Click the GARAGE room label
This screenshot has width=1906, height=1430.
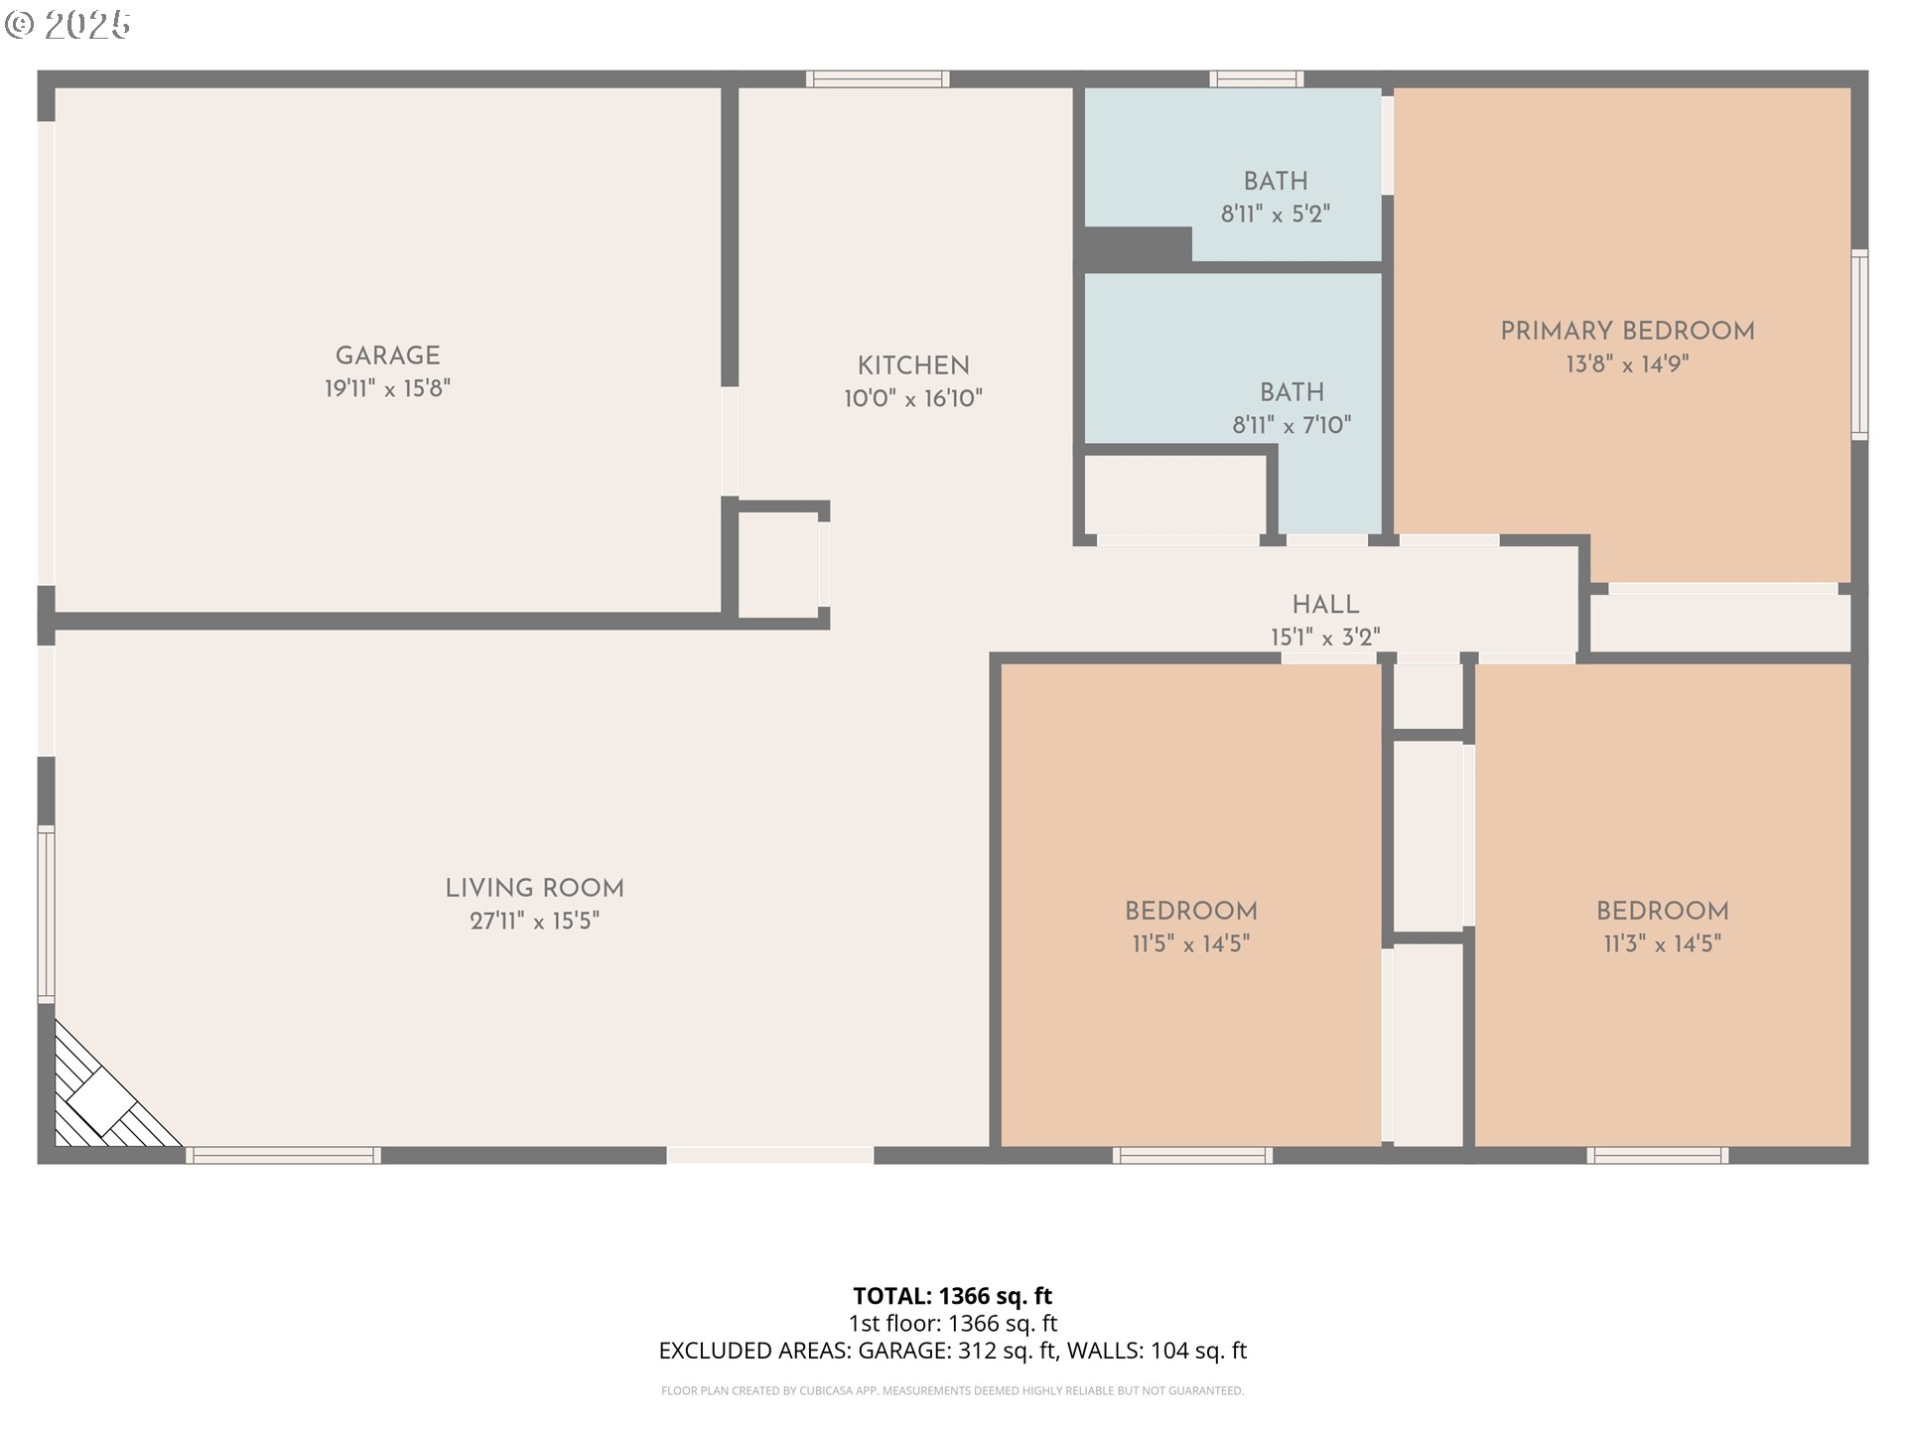point(387,356)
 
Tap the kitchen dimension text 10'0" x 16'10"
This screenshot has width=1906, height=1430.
point(913,399)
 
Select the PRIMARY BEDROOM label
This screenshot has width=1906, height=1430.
point(1627,332)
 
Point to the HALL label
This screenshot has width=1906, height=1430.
point(1325,605)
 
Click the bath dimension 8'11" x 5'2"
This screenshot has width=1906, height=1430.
point(1275,214)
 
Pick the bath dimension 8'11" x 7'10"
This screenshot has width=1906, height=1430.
point(1292,426)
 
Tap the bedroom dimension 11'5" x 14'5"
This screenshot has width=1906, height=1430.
point(1190,944)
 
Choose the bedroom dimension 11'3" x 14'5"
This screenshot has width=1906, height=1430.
point(1662,944)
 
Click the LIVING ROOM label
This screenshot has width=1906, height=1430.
point(534,889)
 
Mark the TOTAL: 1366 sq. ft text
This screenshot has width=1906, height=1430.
point(952,1296)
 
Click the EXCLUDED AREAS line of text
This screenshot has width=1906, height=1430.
point(952,1351)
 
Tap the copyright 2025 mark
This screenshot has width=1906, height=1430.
point(68,25)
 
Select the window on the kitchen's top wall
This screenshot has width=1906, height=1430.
point(877,79)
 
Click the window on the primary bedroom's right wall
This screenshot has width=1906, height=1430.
point(1859,344)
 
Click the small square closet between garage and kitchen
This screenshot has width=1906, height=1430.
point(777,564)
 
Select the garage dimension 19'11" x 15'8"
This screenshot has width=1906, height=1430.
point(387,389)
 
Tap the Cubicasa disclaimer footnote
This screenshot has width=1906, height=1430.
point(952,1391)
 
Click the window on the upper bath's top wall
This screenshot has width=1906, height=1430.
point(1256,79)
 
